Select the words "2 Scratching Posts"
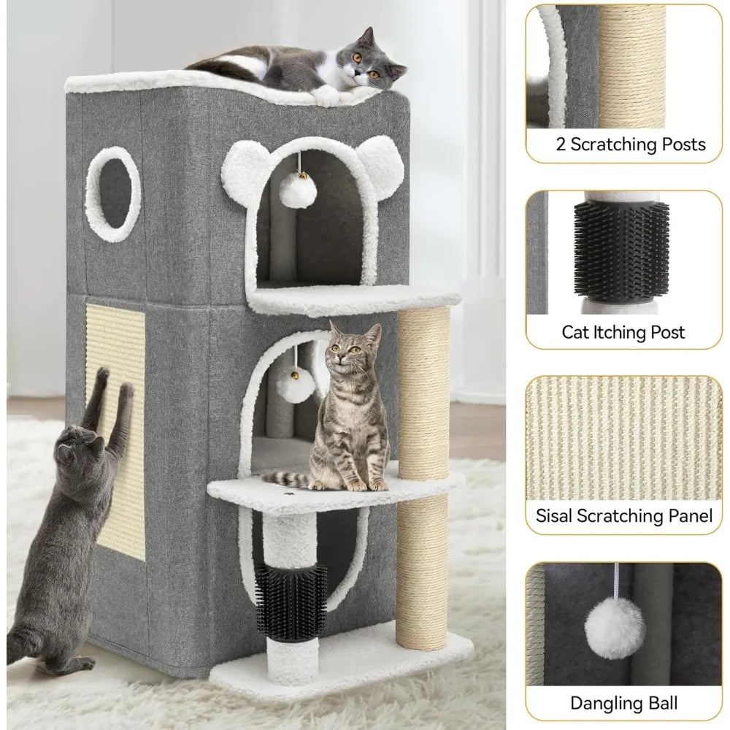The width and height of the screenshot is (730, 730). (631, 144)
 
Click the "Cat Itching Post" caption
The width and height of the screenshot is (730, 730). (623, 333)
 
